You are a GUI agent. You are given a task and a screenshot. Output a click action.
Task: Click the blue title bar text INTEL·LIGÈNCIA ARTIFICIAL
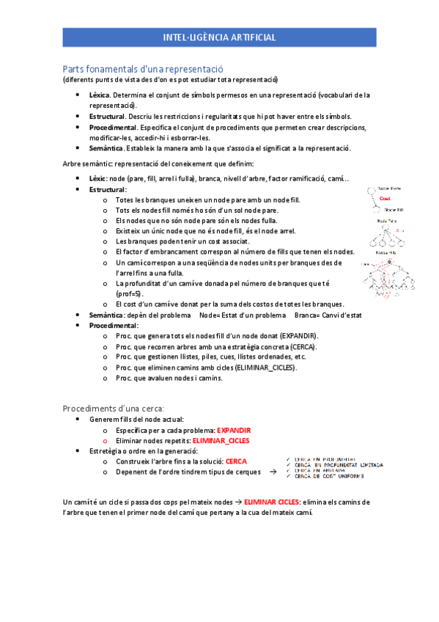(x=219, y=36)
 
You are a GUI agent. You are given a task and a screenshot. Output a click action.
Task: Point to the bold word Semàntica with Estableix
(x=106, y=147)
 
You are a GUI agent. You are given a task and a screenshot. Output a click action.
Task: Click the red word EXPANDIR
(x=235, y=429)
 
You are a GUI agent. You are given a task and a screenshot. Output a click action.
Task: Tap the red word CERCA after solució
(x=236, y=461)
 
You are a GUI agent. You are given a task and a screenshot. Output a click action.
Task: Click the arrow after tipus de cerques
(x=273, y=472)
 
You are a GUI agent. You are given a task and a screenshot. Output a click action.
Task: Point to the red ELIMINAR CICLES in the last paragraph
(x=276, y=502)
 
